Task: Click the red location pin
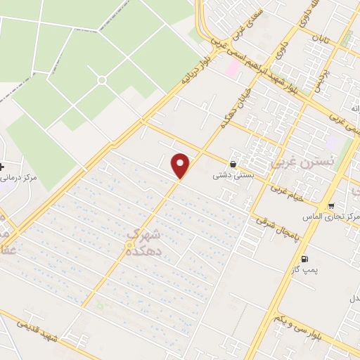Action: pyautogui.click(x=181, y=166)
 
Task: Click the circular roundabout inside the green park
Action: pyautogui.click(x=102, y=80)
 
